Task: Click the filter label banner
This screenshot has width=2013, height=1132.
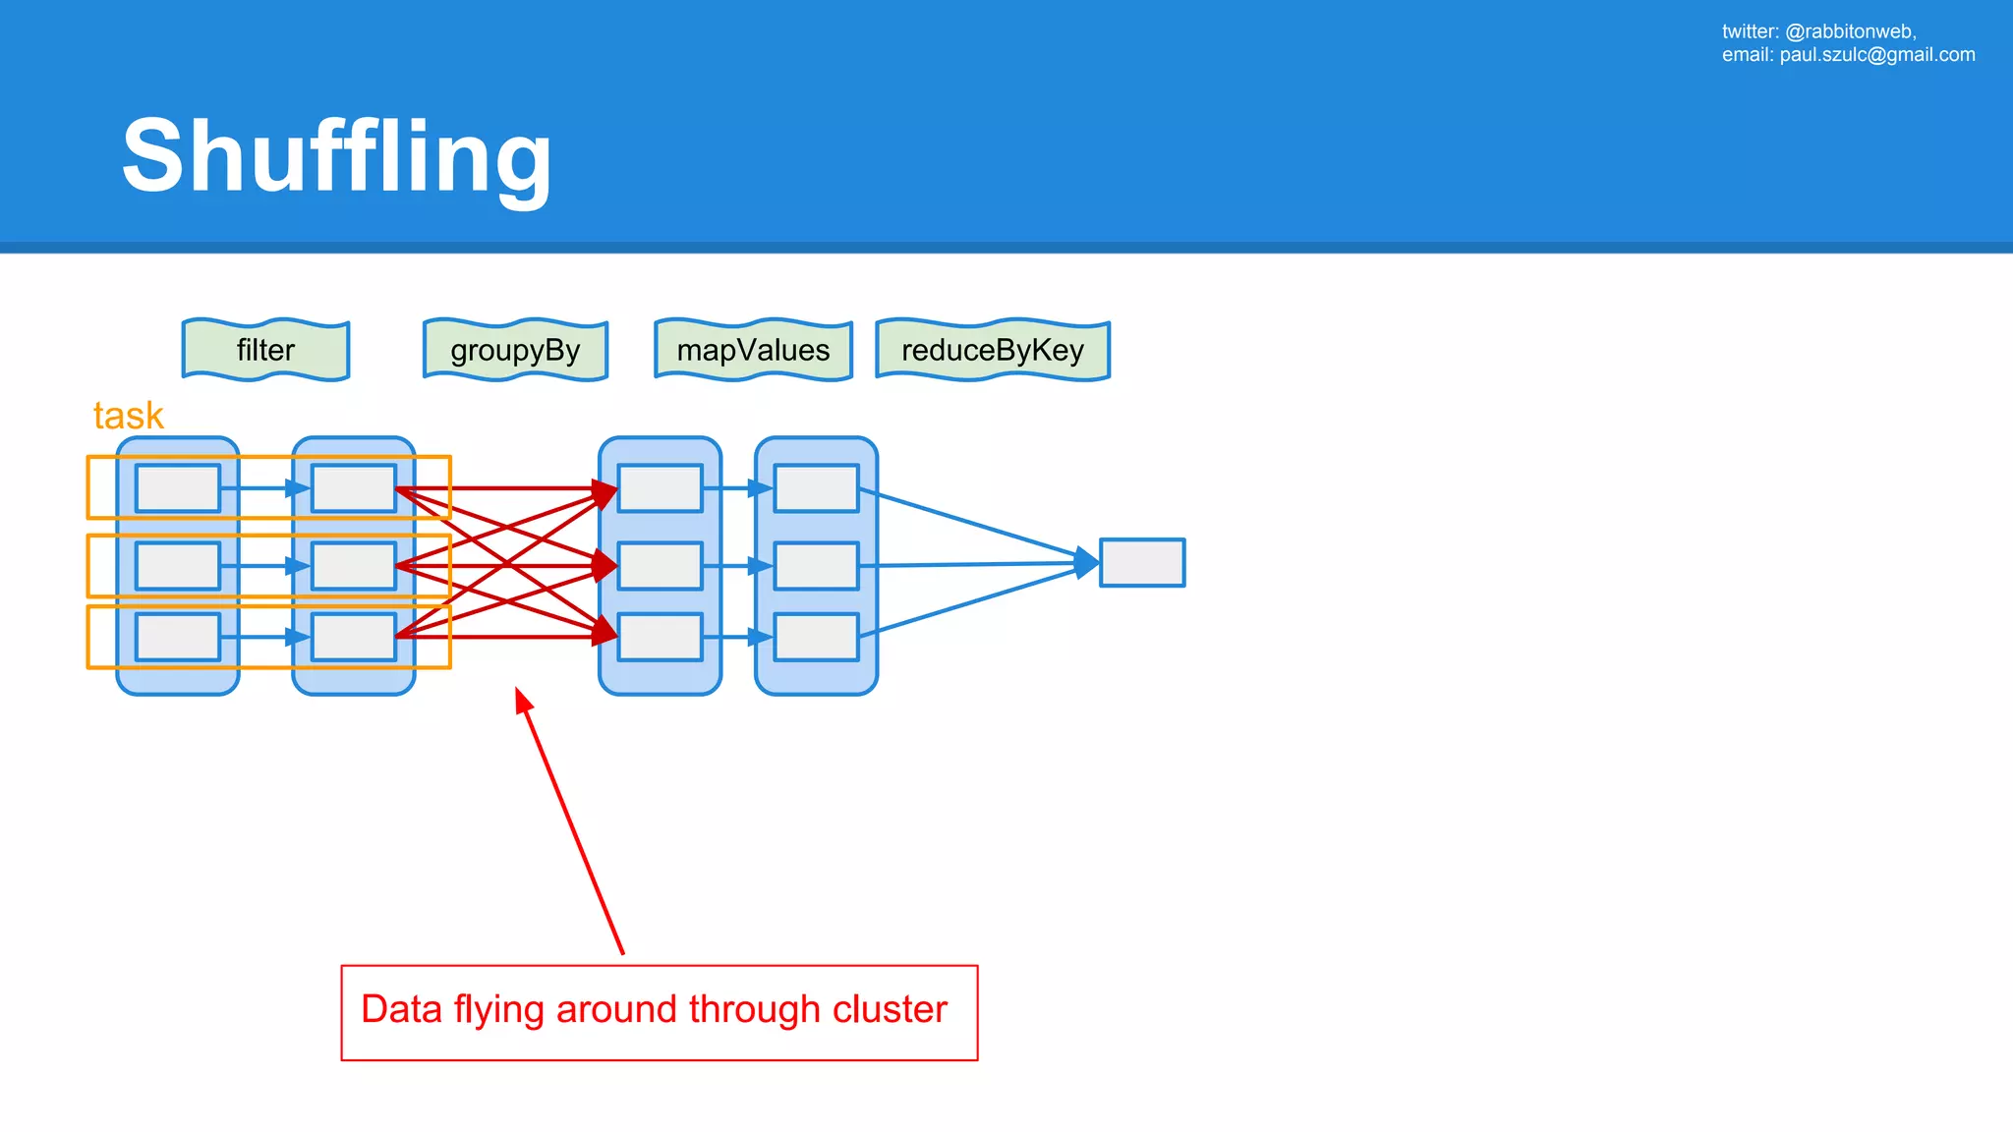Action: [265, 350]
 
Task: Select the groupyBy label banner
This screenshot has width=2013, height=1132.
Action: [515, 350]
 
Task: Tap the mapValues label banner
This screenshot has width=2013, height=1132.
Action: [753, 350]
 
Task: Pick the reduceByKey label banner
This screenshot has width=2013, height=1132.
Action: [993, 350]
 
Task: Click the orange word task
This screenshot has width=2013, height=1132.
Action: [128, 416]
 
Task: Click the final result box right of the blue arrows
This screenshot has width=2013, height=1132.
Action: [1141, 563]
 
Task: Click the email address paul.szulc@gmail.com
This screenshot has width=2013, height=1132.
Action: [1876, 55]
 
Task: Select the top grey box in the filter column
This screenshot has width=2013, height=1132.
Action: [178, 488]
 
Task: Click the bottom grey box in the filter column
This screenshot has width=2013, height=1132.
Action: [178, 637]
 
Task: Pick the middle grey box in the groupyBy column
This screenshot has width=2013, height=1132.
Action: [354, 566]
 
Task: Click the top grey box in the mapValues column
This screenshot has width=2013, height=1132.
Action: [660, 488]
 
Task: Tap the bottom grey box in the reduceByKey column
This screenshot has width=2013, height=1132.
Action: [816, 637]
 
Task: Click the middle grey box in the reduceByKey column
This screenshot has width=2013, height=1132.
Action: [816, 566]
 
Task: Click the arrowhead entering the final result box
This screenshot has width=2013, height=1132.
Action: [1086, 563]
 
